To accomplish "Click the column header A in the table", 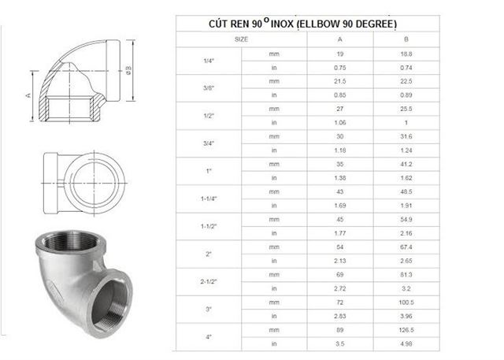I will (x=339, y=38).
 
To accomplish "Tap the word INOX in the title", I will (x=287, y=23).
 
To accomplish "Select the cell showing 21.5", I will (x=339, y=81).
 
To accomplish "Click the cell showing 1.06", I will (x=339, y=123).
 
